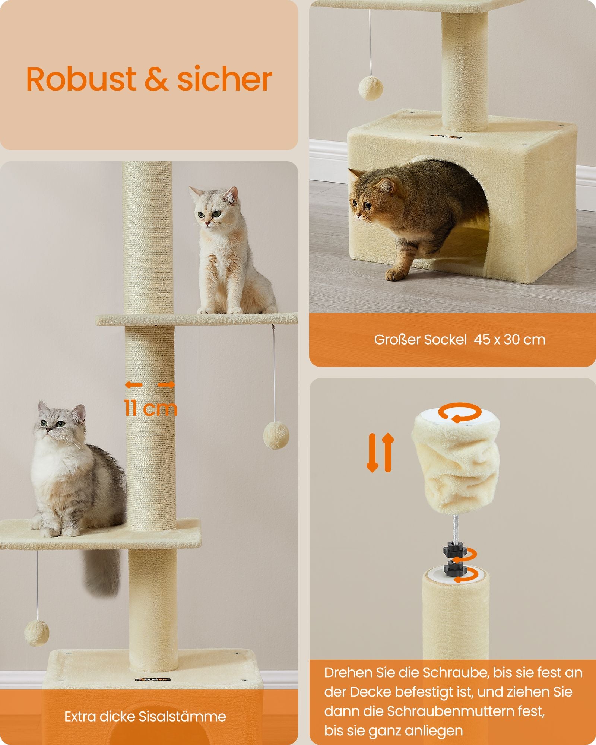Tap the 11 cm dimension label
tap(150, 408)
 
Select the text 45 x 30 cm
tap(509, 340)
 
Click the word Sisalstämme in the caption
tap(182, 717)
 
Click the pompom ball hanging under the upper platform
tap(276, 435)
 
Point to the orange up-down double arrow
tap(380, 453)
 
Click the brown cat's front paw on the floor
tap(396, 275)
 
